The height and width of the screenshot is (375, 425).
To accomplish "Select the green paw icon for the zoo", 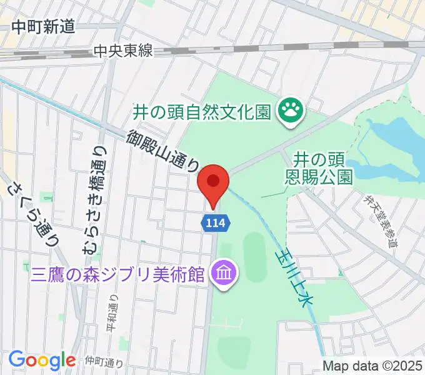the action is [291, 112].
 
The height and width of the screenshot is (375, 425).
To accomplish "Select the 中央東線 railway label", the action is [123, 52].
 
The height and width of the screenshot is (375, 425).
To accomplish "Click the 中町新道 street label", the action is [43, 26].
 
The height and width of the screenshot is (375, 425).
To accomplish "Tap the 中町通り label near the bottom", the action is [103, 361].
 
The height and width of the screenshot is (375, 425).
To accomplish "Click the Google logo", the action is [42, 361].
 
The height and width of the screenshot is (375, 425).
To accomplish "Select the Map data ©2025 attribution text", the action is [372, 366].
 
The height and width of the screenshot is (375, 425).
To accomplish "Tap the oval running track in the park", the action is [253, 256].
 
